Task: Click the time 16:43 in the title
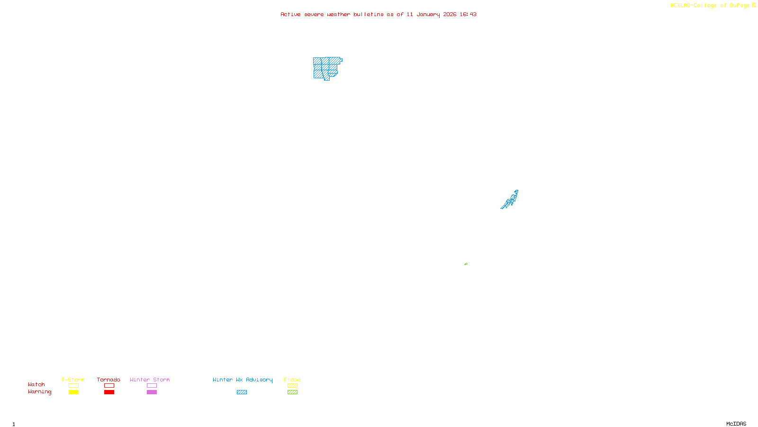468,14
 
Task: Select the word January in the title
428,14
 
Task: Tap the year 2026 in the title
450,14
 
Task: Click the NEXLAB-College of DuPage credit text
710,5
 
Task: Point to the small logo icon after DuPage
754,5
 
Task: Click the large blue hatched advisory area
326,68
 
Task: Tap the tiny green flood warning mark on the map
466,264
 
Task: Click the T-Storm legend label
73,380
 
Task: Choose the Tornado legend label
108,380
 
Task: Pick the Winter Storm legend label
150,380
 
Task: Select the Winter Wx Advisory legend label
243,380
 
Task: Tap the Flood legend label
292,380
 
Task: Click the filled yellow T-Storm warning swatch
73,392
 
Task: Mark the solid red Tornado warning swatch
109,392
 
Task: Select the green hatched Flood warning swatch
292,392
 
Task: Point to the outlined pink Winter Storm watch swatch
152,386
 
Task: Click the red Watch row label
36,384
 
